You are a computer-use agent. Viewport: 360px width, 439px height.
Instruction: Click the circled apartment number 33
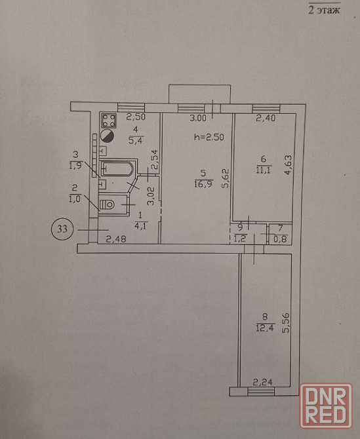point(62,229)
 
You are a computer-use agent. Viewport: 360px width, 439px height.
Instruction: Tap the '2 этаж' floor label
point(324,10)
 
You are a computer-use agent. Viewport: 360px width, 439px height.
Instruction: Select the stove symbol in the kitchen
point(109,121)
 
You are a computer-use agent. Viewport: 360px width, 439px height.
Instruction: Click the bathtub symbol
point(117,168)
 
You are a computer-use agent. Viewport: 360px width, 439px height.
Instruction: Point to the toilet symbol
point(108,204)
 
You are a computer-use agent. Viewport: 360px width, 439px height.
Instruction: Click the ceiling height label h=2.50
point(209,137)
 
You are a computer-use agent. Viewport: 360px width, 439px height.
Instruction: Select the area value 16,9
point(203,184)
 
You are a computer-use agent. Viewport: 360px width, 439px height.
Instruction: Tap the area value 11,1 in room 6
point(264,170)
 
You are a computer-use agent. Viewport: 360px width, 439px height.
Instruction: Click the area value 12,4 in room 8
point(265,328)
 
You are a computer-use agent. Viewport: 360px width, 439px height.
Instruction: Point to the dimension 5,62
point(226,178)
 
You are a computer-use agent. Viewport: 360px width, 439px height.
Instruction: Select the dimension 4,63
point(289,165)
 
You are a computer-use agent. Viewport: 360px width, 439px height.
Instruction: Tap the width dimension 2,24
point(263,382)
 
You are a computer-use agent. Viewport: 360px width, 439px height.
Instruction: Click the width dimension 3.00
point(198,118)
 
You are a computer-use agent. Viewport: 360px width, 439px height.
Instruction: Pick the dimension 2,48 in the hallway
point(116,239)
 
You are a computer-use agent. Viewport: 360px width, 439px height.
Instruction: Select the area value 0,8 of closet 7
point(281,239)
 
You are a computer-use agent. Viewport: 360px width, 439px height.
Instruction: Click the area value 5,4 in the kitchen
point(136,140)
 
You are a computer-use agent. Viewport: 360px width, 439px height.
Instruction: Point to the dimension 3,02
point(151,197)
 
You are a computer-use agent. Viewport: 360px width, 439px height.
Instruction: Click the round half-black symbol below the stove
point(108,136)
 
